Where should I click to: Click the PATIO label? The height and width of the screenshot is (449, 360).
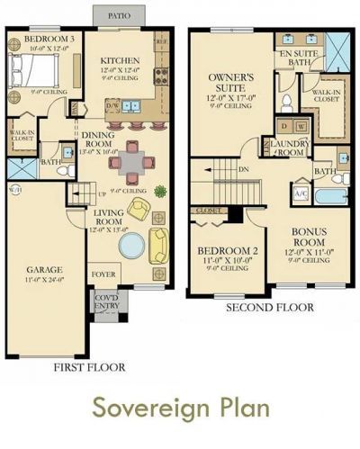coord(118,15)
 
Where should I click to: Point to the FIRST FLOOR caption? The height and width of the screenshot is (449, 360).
coord(88,367)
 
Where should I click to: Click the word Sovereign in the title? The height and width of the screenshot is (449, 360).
coord(150,408)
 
